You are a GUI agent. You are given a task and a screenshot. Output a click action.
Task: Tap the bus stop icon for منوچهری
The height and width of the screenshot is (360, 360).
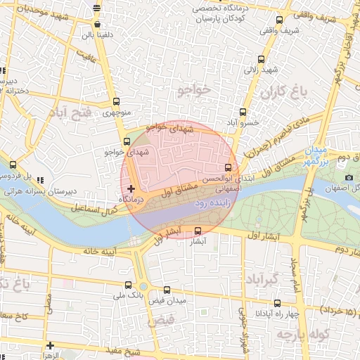[x=117, y=101]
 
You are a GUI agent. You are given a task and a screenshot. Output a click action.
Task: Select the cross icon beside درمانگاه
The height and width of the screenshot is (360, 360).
[x=131, y=188]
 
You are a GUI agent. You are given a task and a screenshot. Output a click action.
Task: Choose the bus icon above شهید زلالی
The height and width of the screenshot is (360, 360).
[x=262, y=60]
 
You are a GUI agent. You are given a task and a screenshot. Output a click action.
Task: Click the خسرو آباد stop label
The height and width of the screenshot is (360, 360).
[x=243, y=122]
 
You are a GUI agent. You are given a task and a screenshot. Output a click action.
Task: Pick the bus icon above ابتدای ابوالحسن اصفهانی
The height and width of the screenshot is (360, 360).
[x=227, y=167]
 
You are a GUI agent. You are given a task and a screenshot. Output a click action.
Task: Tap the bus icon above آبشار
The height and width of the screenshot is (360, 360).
[x=198, y=230]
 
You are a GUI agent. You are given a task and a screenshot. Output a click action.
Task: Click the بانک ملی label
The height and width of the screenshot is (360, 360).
[x=128, y=296]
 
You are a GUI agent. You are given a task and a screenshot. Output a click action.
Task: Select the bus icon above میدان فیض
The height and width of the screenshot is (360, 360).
[x=167, y=290]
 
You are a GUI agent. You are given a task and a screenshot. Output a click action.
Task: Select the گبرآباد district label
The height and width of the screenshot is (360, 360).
[x=264, y=280]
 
